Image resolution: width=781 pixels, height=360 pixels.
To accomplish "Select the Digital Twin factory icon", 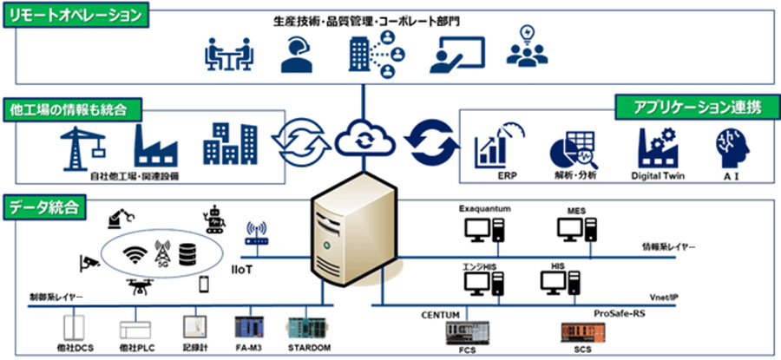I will click(654, 148).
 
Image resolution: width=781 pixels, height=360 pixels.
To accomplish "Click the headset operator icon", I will click(297, 54).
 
